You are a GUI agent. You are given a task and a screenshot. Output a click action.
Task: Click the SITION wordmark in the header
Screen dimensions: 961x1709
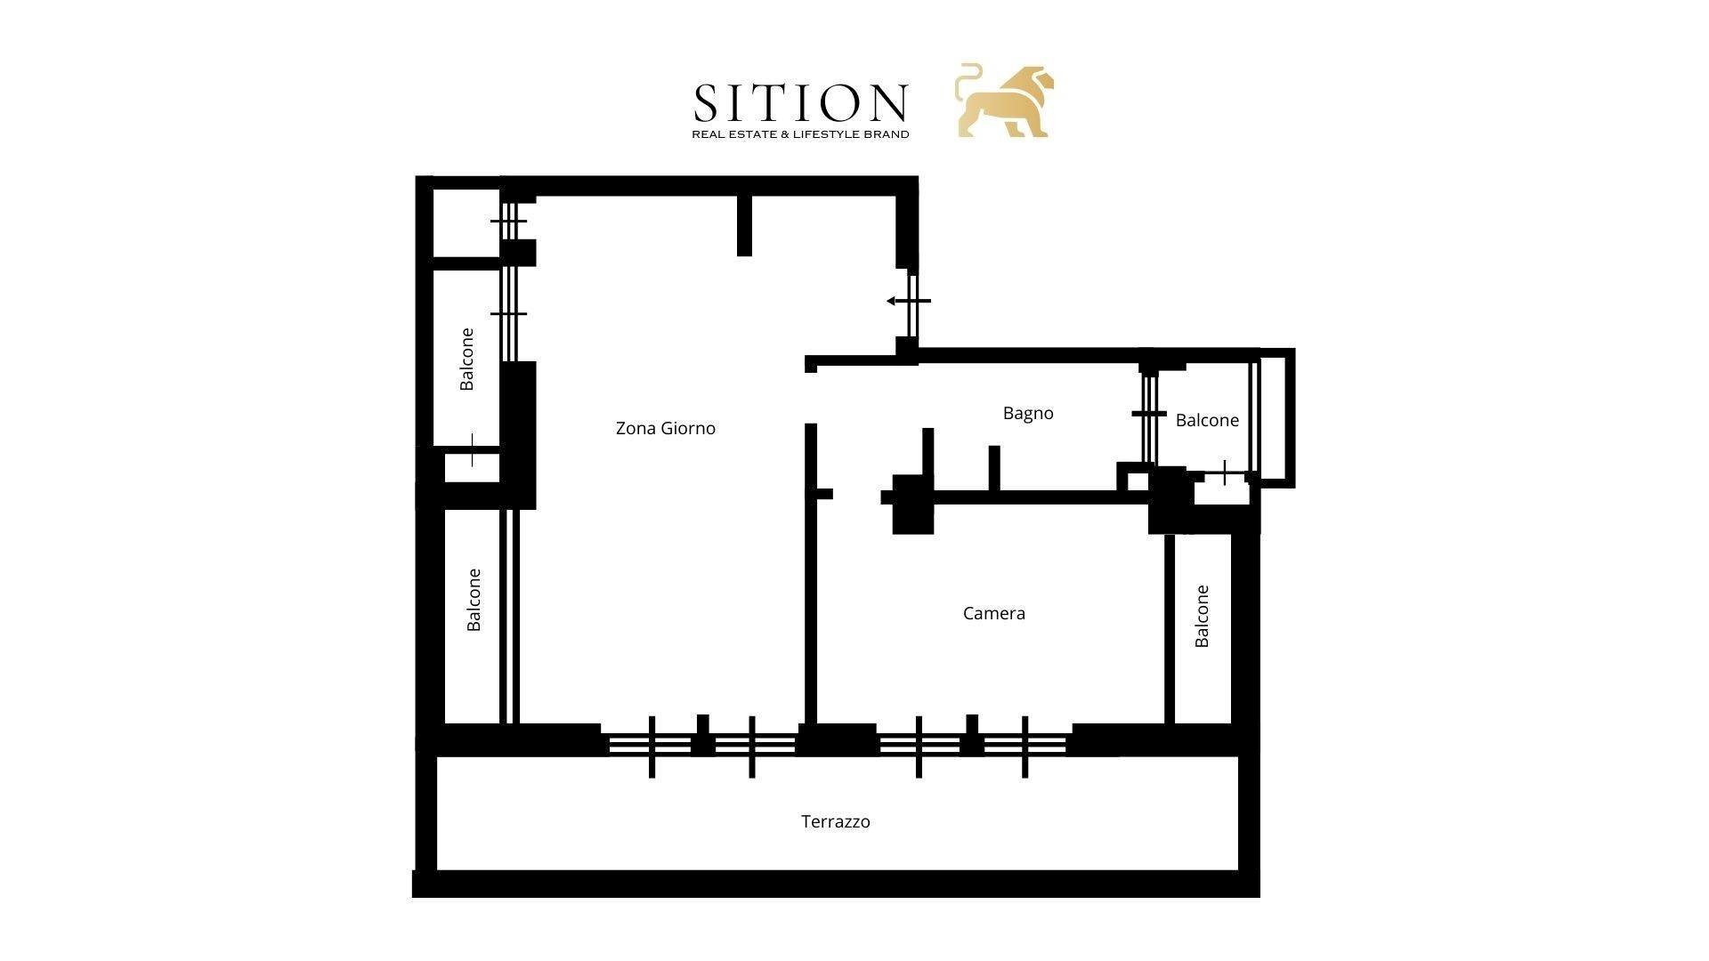(800, 103)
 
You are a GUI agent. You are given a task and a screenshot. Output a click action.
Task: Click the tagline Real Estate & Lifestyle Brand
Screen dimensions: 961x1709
(800, 134)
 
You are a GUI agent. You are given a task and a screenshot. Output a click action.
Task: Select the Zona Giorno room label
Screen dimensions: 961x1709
(666, 428)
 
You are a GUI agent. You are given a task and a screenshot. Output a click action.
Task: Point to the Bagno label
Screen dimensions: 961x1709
(1028, 413)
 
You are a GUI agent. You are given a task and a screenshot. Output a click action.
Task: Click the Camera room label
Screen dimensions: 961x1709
(994, 613)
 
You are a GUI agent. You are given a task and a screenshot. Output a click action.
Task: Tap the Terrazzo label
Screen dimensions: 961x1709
(836, 821)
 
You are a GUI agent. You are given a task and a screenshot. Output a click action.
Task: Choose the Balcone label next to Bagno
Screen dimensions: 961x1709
(1207, 420)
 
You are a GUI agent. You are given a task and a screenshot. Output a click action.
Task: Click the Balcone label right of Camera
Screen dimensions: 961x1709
(1202, 616)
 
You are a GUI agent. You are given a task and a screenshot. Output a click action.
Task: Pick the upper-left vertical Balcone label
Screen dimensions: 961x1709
(466, 359)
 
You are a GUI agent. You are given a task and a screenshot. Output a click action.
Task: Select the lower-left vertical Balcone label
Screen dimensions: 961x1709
(474, 600)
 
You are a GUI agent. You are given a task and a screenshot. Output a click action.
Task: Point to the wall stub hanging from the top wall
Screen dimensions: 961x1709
(744, 225)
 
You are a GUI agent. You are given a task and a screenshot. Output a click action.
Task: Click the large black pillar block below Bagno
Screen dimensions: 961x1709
(912, 505)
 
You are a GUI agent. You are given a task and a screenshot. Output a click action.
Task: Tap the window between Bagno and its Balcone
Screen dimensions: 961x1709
(1149, 414)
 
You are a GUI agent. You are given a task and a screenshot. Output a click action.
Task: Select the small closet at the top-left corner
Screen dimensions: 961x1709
(466, 222)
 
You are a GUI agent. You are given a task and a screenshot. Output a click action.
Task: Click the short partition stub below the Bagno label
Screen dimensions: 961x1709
(994, 467)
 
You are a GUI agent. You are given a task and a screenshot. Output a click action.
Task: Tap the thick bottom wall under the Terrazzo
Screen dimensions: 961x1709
(836, 884)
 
